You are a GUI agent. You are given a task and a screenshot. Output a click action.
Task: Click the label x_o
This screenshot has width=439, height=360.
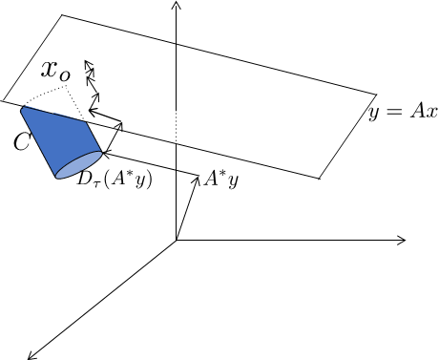point(54,73)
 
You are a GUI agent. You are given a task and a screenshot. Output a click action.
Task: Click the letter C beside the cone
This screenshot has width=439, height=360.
point(21,142)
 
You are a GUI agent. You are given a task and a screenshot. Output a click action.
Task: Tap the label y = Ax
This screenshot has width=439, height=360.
point(403,112)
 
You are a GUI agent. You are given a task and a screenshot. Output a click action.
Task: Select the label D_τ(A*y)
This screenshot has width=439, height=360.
point(115,178)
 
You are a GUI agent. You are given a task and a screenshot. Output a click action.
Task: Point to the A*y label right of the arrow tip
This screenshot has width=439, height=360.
point(219,179)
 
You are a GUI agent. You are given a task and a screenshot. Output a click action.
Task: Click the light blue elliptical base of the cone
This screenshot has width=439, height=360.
point(80,165)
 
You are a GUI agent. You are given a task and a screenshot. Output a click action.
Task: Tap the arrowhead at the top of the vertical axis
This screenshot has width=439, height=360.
point(177,6)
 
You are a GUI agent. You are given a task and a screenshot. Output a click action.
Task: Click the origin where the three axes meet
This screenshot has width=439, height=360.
point(177,240)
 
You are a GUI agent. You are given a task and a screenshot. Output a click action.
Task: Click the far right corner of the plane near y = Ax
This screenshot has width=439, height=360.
point(379,95)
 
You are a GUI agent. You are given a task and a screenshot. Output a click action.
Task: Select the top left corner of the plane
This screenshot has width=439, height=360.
point(62,15)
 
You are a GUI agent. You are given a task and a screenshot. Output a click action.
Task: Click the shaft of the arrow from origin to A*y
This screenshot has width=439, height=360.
point(186,209)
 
